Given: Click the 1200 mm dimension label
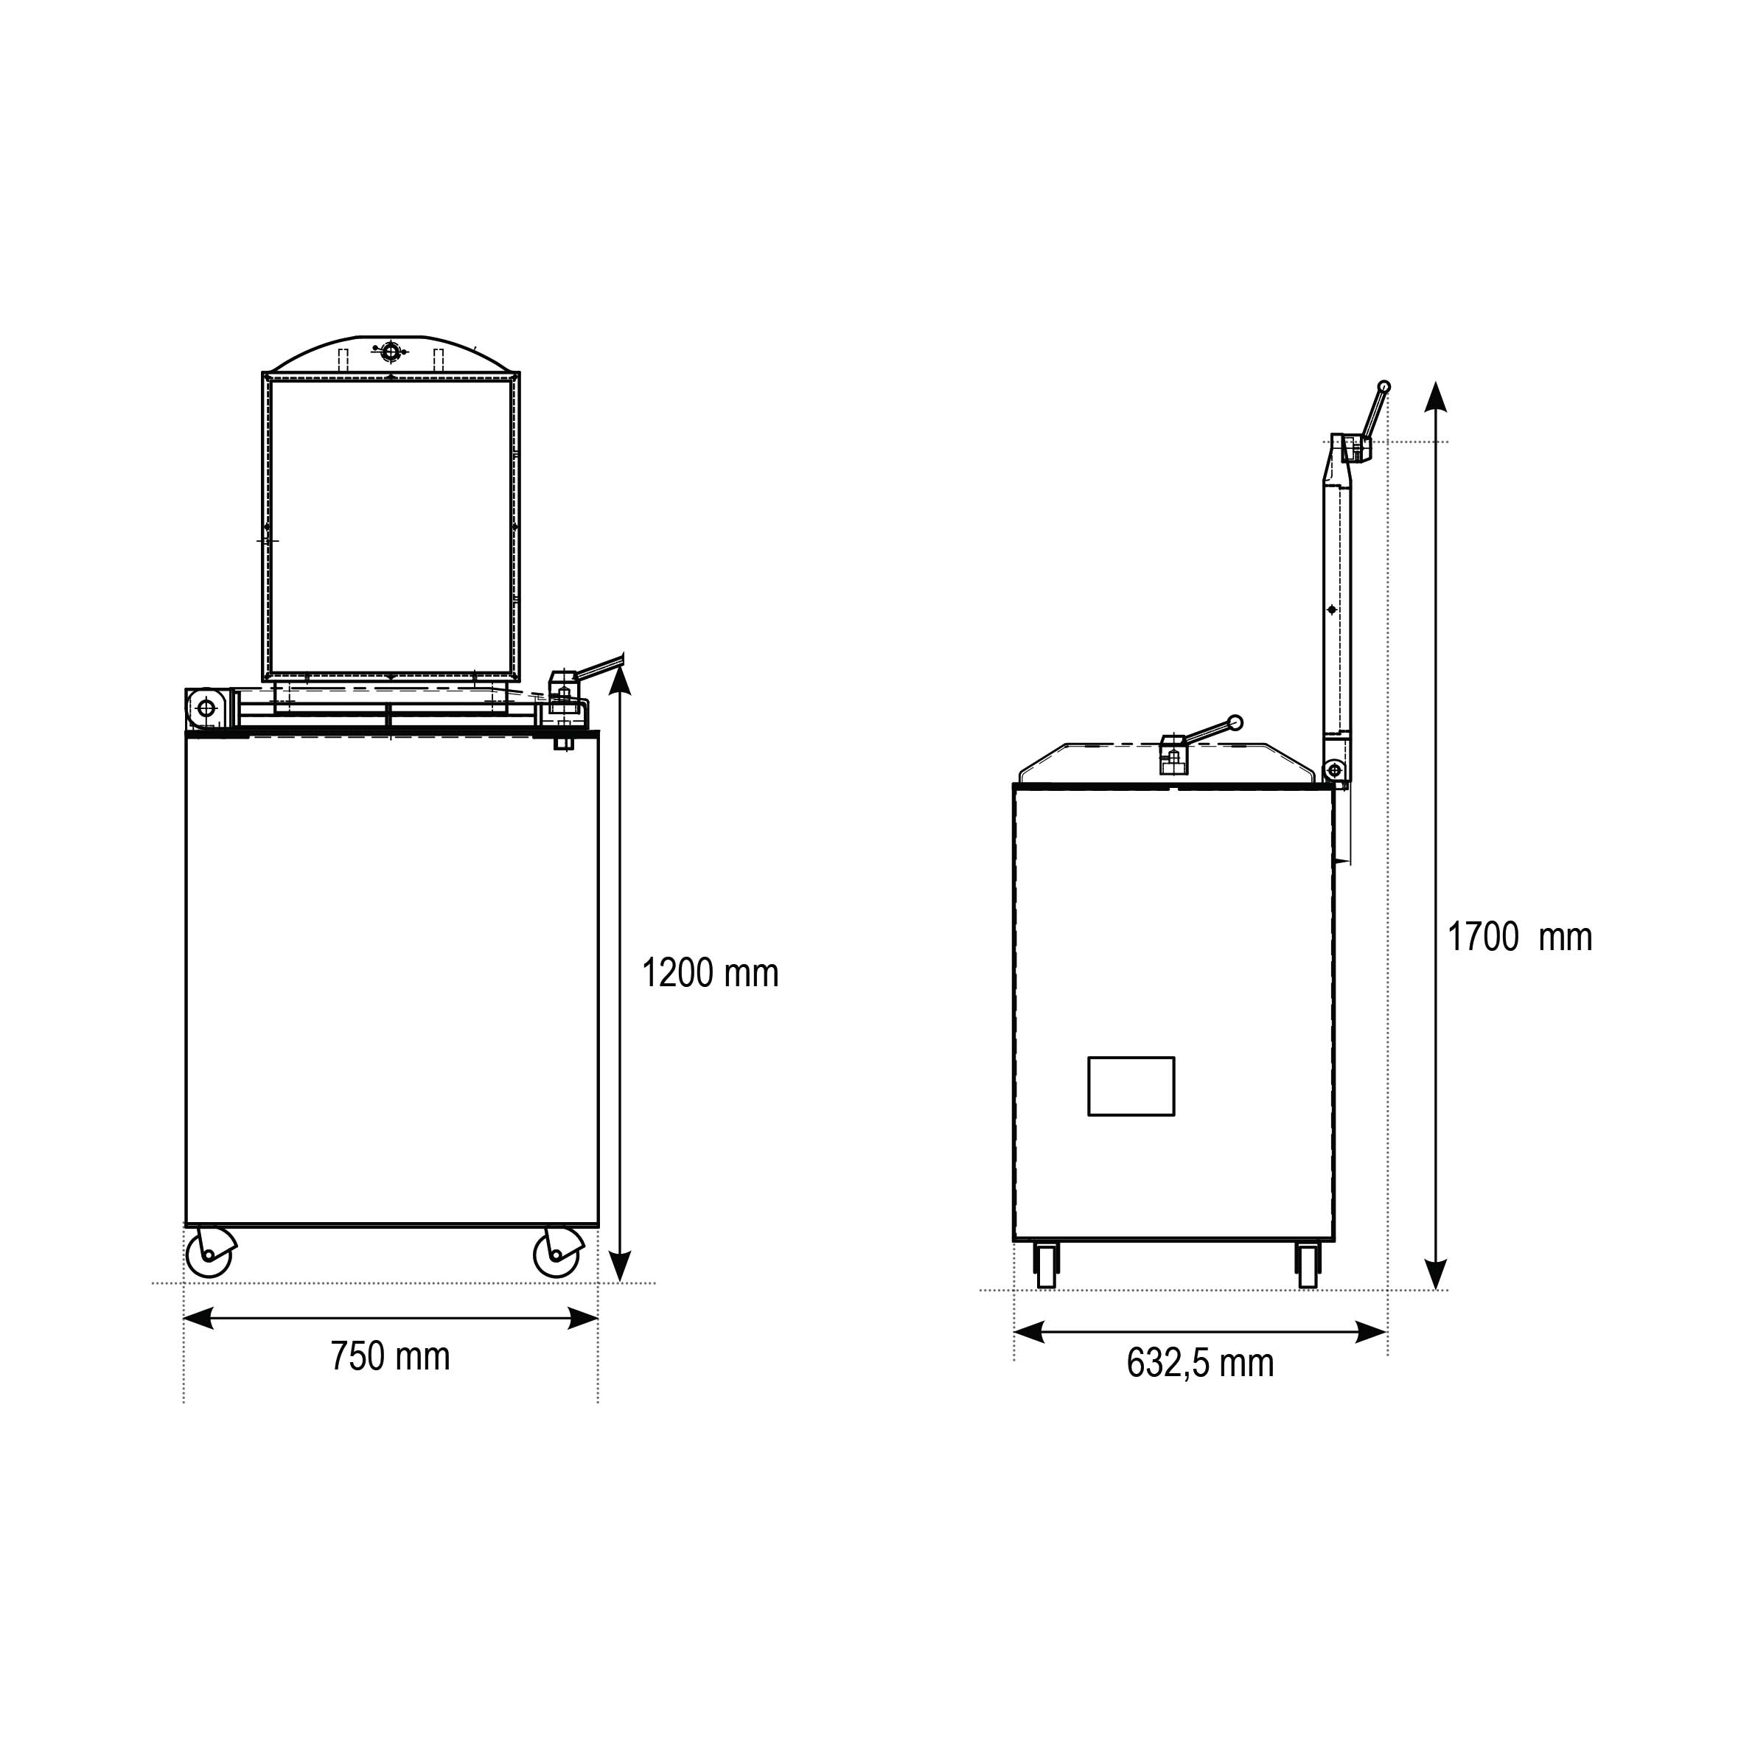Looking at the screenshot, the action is coord(710,973).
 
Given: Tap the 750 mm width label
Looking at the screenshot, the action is coord(390,1356).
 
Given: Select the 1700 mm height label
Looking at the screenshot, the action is coord(1520,937).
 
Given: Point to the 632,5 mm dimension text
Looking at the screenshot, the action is coord(1200,1364).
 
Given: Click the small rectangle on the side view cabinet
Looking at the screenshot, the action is coord(1131,1086).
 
